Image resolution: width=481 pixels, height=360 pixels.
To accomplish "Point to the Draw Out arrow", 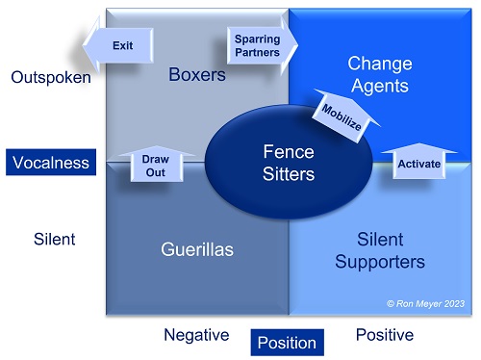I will tap(155, 164).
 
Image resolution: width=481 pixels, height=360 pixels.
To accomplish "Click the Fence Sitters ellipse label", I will tap(289, 162).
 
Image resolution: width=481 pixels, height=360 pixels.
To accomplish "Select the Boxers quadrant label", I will tap(196, 75).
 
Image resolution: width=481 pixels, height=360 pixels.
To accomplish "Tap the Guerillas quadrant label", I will tap(196, 249).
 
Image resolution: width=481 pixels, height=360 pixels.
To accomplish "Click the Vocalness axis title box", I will tap(51, 163).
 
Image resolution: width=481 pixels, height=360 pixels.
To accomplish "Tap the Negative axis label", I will tap(196, 335).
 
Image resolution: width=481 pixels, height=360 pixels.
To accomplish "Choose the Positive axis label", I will tap(384, 335).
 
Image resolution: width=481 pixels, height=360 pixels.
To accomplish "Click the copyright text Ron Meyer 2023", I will tap(424, 303).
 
